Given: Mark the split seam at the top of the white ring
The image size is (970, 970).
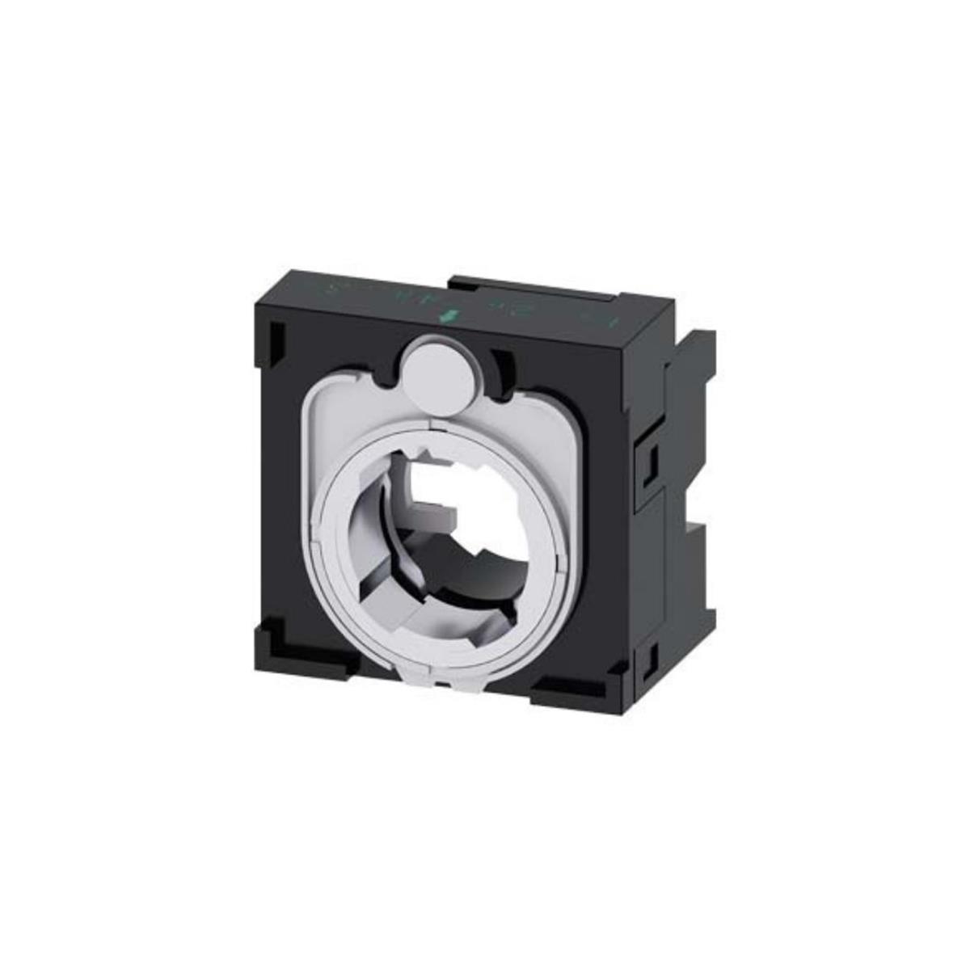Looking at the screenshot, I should (431, 421).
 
